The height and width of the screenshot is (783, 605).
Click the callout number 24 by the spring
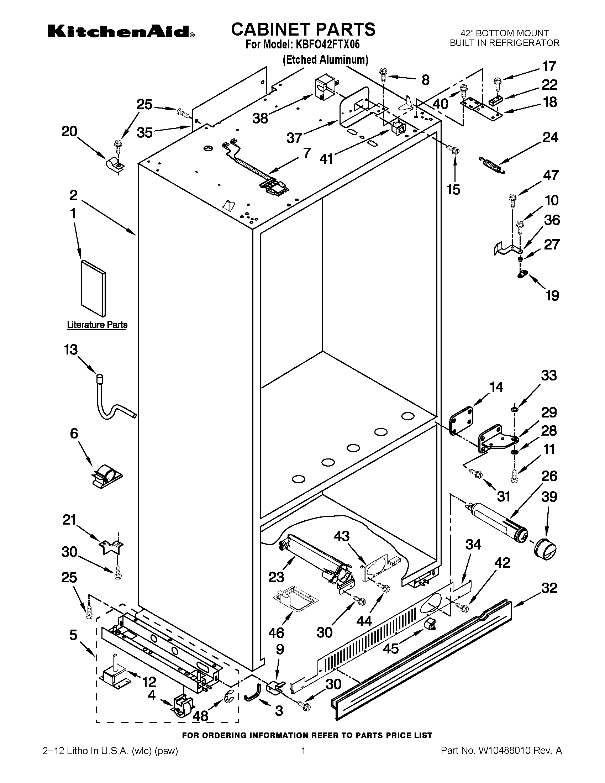(550, 137)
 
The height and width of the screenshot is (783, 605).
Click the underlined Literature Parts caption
(97, 325)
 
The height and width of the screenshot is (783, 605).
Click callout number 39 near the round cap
(549, 497)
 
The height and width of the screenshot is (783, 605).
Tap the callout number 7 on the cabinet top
(307, 153)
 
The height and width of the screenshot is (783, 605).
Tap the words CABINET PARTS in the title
(303, 30)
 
